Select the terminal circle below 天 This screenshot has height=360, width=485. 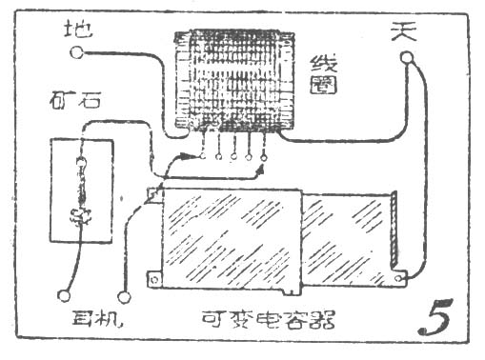407,58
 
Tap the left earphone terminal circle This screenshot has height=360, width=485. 65,295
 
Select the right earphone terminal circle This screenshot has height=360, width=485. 121,295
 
